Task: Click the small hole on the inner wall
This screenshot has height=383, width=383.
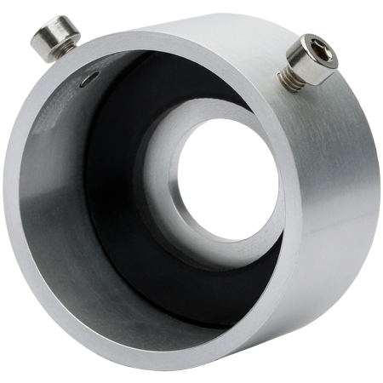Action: pos(86,83)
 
